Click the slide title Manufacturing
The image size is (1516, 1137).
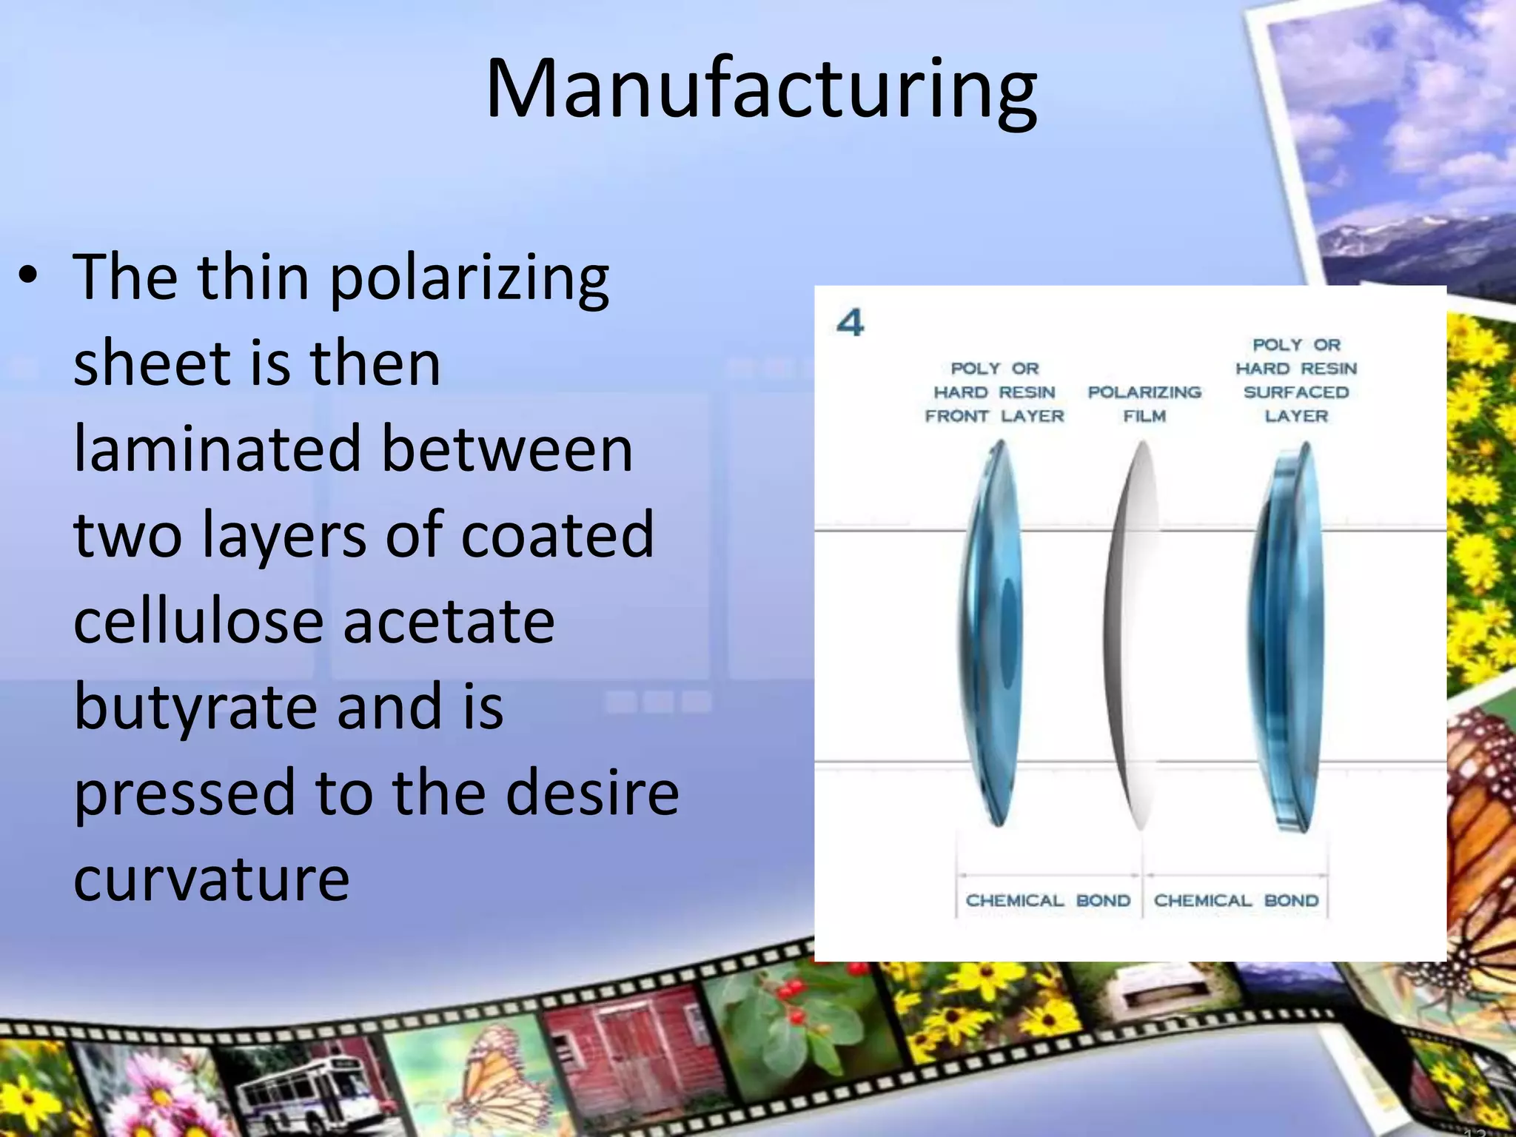[x=761, y=90]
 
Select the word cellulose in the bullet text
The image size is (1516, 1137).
[x=198, y=622]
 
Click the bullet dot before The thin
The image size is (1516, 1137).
[x=28, y=276]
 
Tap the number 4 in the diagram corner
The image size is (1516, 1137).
[x=850, y=323]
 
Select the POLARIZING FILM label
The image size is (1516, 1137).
[x=1144, y=404]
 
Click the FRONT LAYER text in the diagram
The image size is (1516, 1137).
[x=994, y=416]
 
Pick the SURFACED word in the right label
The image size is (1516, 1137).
[x=1296, y=392]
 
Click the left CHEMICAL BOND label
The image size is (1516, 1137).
[x=1048, y=901]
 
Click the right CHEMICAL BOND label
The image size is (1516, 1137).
[x=1236, y=901]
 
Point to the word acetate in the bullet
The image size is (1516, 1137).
[x=449, y=622]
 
